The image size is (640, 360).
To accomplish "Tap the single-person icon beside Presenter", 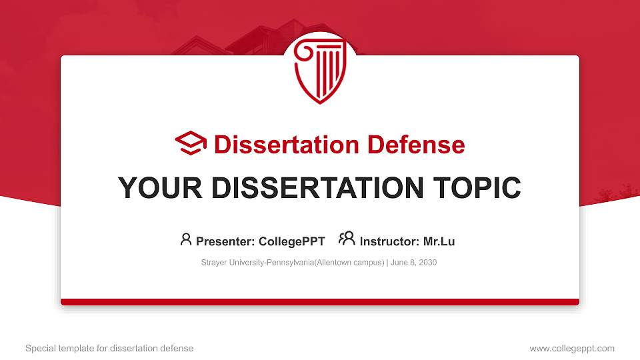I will click(x=186, y=239).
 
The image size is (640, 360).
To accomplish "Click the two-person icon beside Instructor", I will click(x=347, y=239).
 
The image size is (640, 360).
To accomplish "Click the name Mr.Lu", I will click(x=439, y=241).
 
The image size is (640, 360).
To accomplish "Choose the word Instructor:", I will click(x=389, y=241).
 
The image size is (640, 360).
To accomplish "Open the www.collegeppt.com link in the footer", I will click(x=571, y=348).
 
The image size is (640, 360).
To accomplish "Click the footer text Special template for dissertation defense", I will click(x=109, y=348).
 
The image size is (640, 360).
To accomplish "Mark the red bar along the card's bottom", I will click(x=319, y=302).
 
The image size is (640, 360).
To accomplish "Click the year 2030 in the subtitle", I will click(x=427, y=263).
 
